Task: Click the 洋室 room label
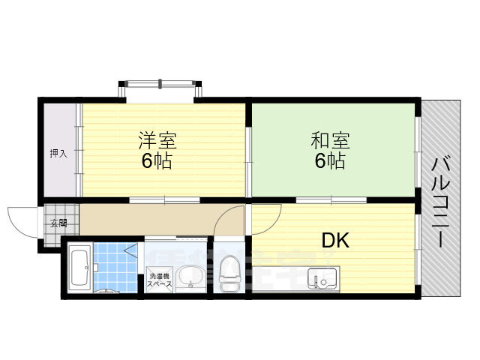click(x=155, y=140)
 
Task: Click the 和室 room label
click(x=330, y=140)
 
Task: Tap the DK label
click(x=336, y=240)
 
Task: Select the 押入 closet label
click(x=58, y=153)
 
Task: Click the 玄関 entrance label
click(x=58, y=223)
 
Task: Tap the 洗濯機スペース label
click(x=158, y=280)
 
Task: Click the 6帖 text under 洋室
click(x=155, y=160)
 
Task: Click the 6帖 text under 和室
click(x=330, y=160)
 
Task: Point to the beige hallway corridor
click(x=150, y=220)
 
